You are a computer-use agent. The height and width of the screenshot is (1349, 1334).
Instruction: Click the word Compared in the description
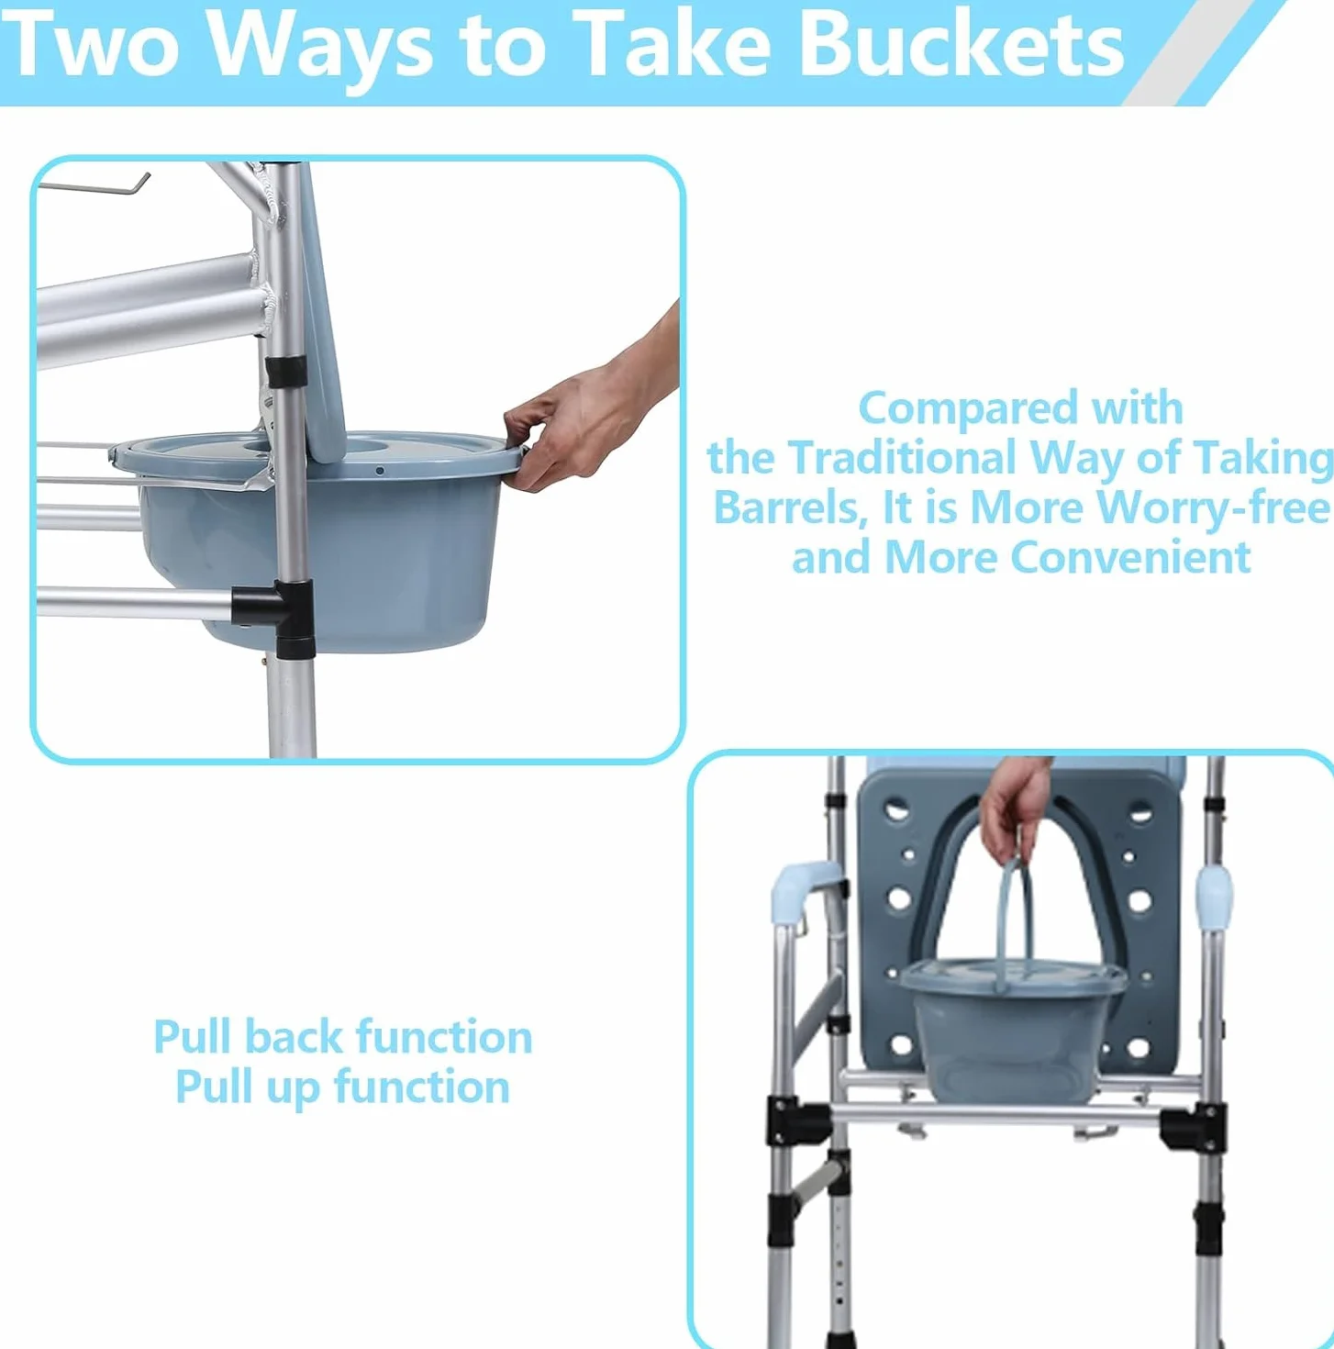point(967,410)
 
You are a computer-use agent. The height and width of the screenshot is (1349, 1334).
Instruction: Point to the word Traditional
point(904,458)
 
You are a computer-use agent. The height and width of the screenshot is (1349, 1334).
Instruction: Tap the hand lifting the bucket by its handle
point(1015,808)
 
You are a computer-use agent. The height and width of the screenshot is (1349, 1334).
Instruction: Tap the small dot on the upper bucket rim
point(379,471)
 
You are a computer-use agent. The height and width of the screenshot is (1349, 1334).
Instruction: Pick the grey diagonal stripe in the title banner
point(1183,53)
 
